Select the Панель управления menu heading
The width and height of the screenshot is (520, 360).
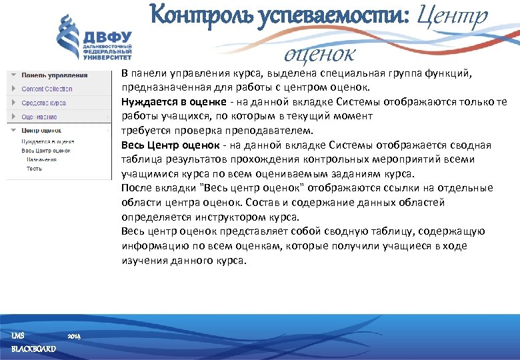pos(54,75)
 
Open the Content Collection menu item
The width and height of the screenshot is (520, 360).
pos(47,89)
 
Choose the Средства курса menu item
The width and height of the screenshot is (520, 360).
pos(43,103)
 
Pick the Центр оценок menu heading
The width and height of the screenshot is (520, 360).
pos(41,131)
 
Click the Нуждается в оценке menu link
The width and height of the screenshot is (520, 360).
pos(47,141)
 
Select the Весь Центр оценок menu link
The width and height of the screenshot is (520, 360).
pos(46,151)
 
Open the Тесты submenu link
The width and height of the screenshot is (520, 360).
pos(34,169)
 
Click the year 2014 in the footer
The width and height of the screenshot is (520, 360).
pos(75,336)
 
